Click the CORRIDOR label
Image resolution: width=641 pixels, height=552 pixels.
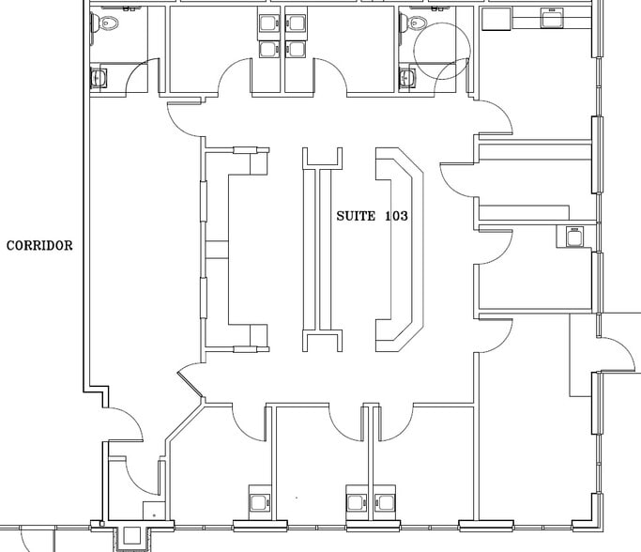click(39, 246)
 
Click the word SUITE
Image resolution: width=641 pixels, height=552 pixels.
click(356, 216)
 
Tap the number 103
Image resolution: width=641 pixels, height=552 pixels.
click(396, 216)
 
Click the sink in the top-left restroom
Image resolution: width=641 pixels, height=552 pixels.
click(99, 77)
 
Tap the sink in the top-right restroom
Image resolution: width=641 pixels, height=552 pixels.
click(408, 77)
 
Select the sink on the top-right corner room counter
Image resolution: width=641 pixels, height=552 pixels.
click(551, 18)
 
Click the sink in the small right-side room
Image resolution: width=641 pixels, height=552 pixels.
click(572, 237)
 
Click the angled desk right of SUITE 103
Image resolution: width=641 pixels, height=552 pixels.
click(400, 248)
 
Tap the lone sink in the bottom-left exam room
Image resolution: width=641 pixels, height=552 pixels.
click(259, 498)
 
